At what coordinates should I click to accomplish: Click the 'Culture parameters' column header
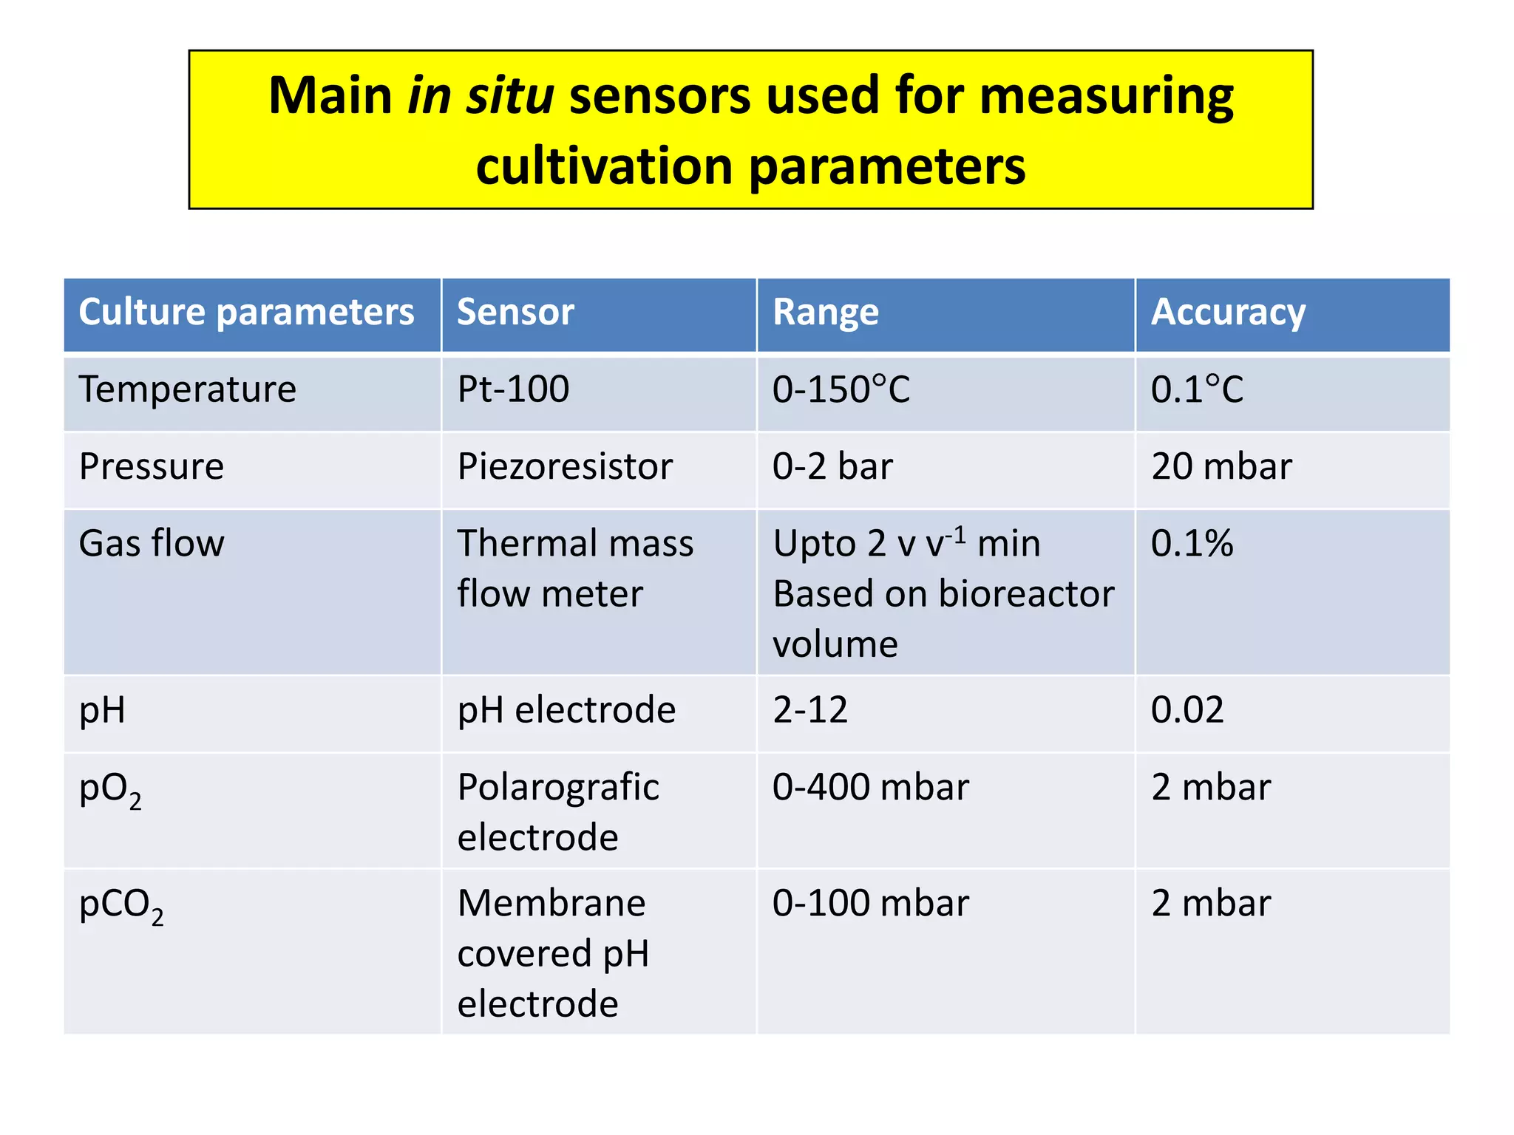point(246,313)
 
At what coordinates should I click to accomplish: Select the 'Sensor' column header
point(515,313)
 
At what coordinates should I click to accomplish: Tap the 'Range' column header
point(826,313)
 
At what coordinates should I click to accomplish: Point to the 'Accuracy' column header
point(1228,313)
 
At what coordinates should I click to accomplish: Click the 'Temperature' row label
point(188,389)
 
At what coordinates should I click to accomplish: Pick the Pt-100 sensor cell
point(514,389)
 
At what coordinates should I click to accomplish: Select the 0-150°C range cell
point(841,389)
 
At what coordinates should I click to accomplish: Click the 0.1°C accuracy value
point(1198,389)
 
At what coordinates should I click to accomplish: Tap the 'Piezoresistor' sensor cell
point(565,467)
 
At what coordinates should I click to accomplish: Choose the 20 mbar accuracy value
point(1221,467)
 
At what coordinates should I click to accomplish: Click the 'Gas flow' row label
point(152,544)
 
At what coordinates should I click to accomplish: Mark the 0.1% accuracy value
point(1192,544)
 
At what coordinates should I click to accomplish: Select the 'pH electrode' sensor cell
point(566,710)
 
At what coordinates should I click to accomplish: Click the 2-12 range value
point(810,710)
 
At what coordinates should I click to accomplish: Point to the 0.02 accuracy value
point(1187,710)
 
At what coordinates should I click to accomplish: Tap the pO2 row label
point(110,789)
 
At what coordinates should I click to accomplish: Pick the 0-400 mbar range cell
point(870,787)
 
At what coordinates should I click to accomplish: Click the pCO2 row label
point(121,905)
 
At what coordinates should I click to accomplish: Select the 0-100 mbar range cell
point(870,904)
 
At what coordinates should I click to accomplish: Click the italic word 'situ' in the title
point(509,96)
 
